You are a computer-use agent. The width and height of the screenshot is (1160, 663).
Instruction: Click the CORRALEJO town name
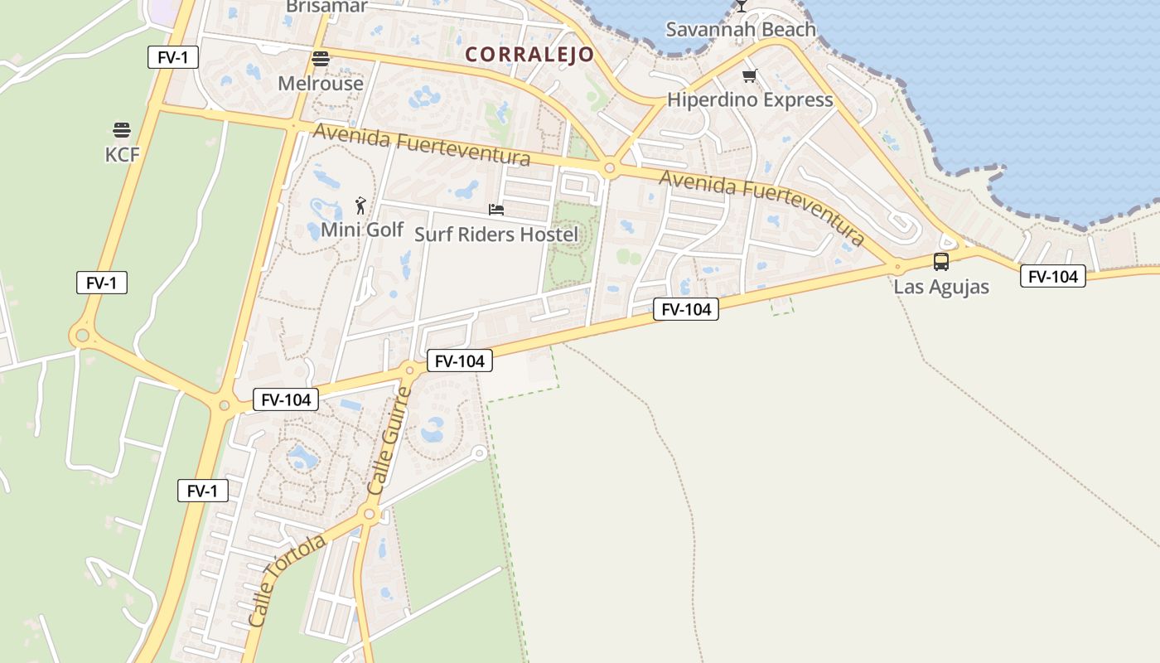[x=529, y=55]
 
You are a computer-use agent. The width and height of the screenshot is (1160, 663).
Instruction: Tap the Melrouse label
[x=321, y=84]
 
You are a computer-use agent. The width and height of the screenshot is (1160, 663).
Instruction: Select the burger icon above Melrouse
[x=321, y=59]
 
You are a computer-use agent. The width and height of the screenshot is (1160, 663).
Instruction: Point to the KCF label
[x=122, y=155]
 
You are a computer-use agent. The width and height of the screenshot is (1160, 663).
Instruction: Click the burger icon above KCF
[x=122, y=130]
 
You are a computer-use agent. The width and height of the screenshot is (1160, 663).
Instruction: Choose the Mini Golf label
[x=362, y=230]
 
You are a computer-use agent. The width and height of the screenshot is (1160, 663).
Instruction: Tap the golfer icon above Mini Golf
[x=360, y=205]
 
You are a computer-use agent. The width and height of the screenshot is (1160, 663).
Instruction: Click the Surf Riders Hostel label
[x=496, y=235]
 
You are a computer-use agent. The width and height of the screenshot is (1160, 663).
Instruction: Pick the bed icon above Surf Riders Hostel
[x=496, y=210]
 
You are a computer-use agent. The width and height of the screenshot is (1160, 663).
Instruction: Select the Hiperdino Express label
[x=750, y=100]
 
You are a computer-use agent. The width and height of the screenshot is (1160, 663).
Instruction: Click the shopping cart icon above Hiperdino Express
[x=750, y=76]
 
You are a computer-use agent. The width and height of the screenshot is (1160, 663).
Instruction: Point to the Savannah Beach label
[x=741, y=30]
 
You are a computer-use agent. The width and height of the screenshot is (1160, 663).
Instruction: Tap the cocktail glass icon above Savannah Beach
[x=742, y=6]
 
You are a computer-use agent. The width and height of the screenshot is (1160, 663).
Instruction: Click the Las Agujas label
[x=941, y=288]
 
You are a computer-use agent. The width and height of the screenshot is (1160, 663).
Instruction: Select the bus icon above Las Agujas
[x=941, y=262]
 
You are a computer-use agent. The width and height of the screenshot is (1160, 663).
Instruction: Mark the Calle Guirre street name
[x=389, y=441]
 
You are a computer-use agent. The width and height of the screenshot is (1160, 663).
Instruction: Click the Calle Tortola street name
[x=287, y=580]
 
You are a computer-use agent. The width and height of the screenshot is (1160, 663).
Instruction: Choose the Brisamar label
[x=326, y=7]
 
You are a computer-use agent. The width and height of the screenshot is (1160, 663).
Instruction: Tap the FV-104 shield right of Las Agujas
[x=1052, y=277]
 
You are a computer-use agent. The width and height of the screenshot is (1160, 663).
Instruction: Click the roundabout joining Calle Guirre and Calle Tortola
[x=370, y=515]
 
